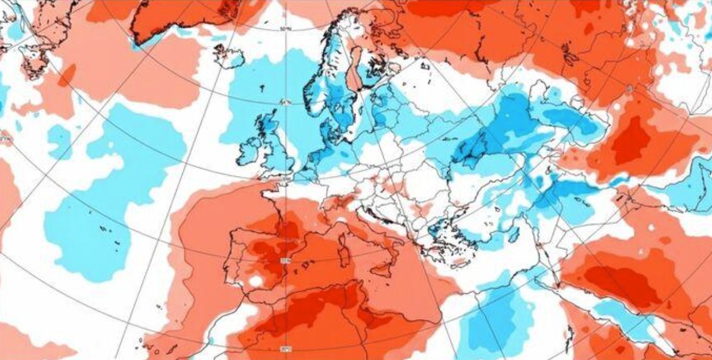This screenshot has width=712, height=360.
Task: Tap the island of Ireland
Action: coord(249,151)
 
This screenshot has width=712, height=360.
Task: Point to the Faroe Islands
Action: coord(262,89)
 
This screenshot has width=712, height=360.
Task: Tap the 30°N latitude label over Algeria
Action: coord(284,348)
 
